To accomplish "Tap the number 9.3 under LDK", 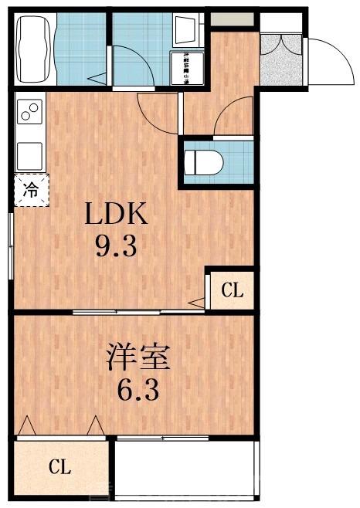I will (x=115, y=247).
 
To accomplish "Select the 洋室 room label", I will (x=138, y=359).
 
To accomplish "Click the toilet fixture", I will (x=204, y=162).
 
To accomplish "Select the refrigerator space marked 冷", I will (x=30, y=190).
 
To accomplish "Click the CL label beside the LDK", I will (x=233, y=290).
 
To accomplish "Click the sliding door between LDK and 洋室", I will (x=139, y=312).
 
